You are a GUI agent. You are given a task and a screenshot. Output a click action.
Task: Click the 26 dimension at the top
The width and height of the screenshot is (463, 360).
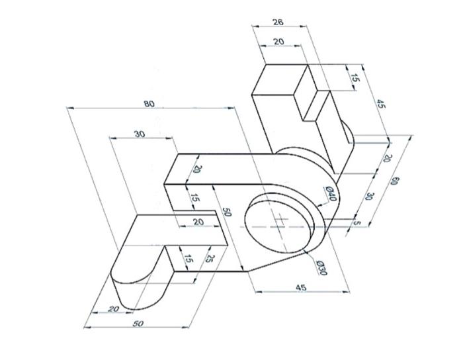[x=278, y=22]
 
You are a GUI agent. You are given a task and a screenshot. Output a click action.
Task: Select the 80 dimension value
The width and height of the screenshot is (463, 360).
[x=149, y=103]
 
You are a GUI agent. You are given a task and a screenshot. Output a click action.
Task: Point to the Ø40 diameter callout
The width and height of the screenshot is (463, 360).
[x=331, y=194]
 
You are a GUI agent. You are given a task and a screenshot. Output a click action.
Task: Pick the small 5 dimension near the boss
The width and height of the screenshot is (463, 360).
[x=357, y=223]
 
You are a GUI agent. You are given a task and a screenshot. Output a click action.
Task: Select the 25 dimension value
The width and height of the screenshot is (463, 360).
[x=210, y=258]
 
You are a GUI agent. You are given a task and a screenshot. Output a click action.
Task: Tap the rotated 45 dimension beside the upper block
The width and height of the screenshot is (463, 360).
[x=380, y=103]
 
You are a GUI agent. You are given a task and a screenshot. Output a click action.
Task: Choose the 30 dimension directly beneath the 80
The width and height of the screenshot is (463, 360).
[x=140, y=134]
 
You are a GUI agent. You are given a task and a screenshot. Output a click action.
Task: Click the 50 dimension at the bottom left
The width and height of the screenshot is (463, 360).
[x=138, y=323]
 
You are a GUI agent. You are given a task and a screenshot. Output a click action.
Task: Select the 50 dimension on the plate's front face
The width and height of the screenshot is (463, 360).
[x=226, y=213]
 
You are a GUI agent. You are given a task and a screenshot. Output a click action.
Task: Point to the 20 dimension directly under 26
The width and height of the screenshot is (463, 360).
[x=278, y=42]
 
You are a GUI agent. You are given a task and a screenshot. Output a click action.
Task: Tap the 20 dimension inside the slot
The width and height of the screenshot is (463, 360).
[x=198, y=222]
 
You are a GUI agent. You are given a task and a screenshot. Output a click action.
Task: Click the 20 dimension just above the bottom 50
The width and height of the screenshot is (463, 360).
[x=113, y=308]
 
